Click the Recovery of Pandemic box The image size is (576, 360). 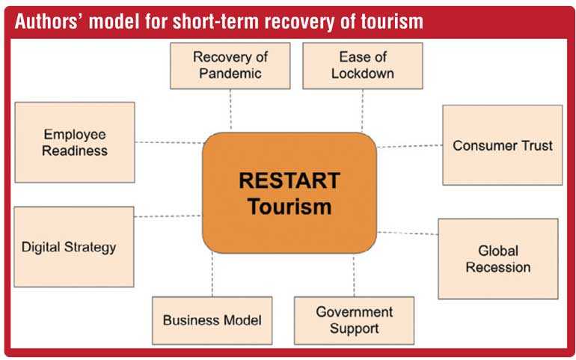pos(230,65)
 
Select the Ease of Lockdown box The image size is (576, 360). pos(363,65)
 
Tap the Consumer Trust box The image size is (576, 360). pos(503,145)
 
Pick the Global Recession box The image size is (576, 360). pos(498,259)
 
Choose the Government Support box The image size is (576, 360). pos(354,320)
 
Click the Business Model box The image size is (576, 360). pos(212,320)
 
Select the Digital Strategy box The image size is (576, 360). pos(74,247)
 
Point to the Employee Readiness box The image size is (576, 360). pos(75,142)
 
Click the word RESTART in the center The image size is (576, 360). pos(289,180)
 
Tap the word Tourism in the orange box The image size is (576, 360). pos(289,207)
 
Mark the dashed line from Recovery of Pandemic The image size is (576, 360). pos(230,109)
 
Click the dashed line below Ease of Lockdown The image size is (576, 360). pos(362,110)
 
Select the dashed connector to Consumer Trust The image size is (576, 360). pos(410,146)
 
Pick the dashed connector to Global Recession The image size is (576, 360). pos(408,233)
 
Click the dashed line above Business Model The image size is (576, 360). pos(212,275)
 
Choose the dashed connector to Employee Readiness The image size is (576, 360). pos(168,142)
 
